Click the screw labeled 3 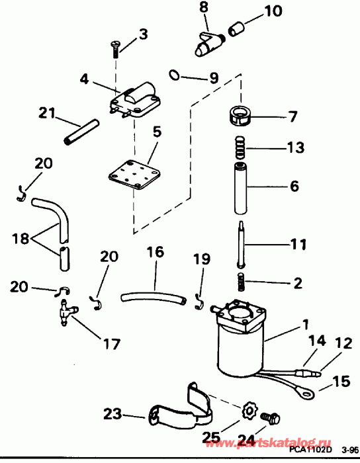click(115, 48)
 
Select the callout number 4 click(84, 78)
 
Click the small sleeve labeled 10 click(237, 29)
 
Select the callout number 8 click(204, 7)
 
